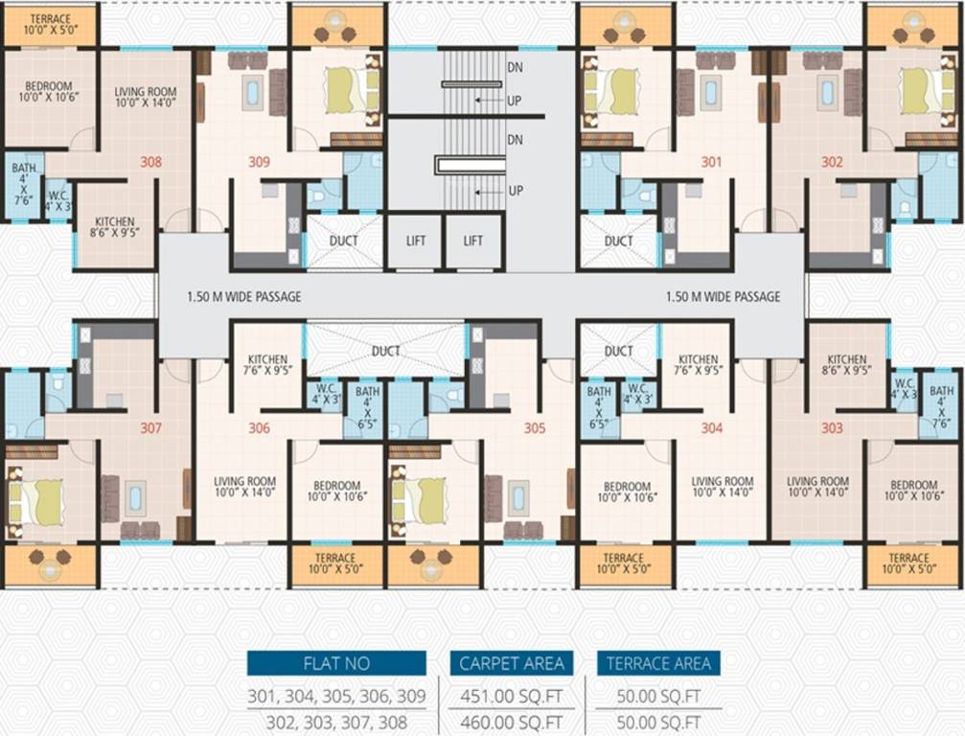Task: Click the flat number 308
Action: point(150,162)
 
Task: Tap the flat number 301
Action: point(711,162)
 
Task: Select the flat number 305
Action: point(535,428)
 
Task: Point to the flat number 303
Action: point(832,428)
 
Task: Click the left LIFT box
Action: point(415,241)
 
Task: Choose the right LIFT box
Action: point(473,241)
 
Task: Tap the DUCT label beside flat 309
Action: point(344,241)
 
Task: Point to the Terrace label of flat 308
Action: point(50,25)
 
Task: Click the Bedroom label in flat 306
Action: point(334,491)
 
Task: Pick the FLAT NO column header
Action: point(336,663)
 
